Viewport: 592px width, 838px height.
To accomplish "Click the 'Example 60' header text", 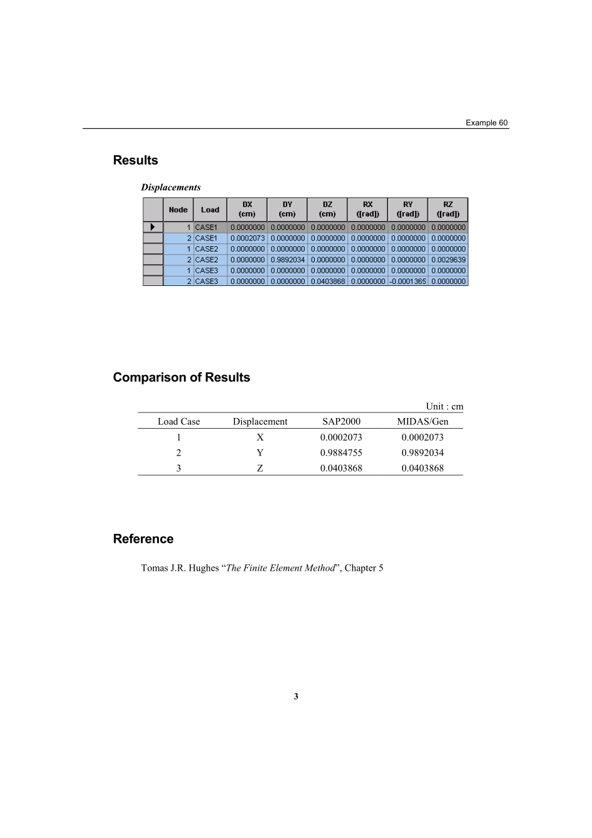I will (x=486, y=123).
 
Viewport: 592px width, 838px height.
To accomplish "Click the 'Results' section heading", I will (x=135, y=160).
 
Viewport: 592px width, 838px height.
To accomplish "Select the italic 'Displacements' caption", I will (x=171, y=188).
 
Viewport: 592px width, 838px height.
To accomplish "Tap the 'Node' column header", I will (x=178, y=210).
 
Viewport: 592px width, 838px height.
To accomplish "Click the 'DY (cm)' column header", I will (x=287, y=209).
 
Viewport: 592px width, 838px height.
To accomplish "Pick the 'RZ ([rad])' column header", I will (x=447, y=209).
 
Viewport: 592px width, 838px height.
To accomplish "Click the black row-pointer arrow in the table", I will (x=153, y=227).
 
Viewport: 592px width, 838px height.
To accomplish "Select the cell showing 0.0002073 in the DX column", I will (x=247, y=238).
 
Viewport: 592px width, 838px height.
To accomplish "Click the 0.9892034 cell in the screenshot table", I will (x=287, y=260).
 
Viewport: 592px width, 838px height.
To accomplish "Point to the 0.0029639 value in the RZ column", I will (x=447, y=260).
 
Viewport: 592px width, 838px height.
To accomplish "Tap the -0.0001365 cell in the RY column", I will (x=408, y=282).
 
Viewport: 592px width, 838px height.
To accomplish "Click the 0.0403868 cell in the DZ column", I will (x=327, y=282).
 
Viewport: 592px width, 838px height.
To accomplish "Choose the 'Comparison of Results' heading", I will (x=181, y=378).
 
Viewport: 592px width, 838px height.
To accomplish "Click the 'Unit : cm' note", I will (x=444, y=407).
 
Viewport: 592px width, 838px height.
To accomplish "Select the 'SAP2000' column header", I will (x=341, y=422).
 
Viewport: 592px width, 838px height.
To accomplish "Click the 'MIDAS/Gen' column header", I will (x=423, y=422).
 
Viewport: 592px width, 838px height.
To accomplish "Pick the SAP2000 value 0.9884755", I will (x=341, y=453).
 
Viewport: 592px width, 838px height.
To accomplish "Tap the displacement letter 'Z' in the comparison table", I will (x=260, y=469).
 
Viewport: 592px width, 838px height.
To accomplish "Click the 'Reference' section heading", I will (x=143, y=539).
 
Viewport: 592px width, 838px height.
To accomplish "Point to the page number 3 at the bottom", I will (x=296, y=697).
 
